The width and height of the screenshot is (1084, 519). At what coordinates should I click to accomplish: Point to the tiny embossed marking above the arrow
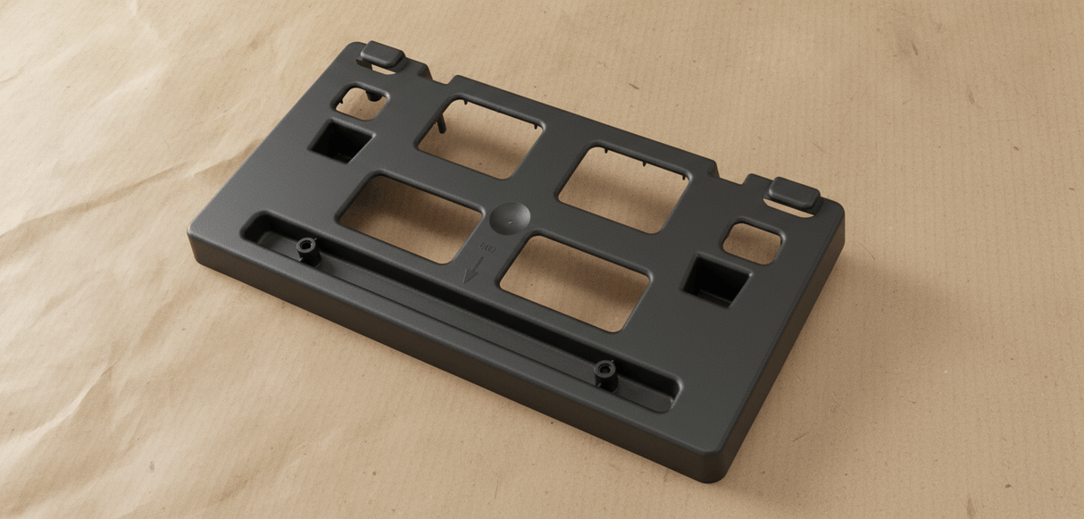point(488,247)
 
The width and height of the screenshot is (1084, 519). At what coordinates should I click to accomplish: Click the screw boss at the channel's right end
point(606,371)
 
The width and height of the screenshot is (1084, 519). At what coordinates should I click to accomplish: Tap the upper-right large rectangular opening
point(626,187)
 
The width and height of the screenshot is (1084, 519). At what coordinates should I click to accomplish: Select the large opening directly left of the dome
point(411,216)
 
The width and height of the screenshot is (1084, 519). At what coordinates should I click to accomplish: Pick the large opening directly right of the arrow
point(575,280)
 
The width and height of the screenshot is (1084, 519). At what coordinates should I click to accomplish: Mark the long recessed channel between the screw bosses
point(455,309)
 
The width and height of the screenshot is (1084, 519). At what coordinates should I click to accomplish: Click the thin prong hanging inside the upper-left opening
point(443,119)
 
